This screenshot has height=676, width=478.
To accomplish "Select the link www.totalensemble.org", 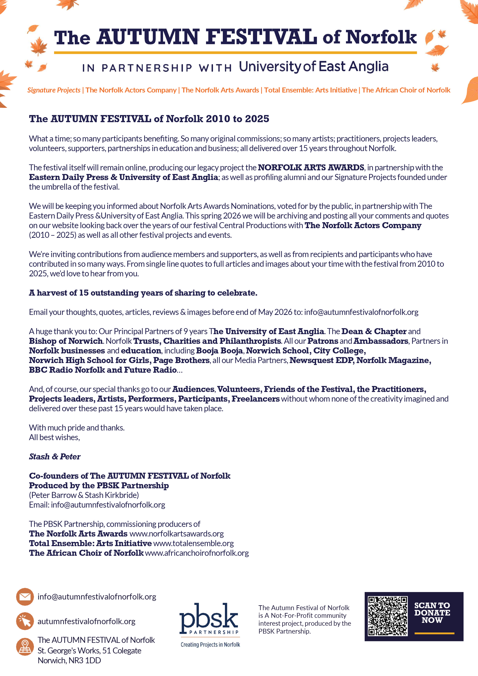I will (194, 543).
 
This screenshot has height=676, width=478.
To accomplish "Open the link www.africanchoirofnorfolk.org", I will (197, 553).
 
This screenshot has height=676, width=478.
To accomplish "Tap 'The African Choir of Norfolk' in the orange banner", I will (406, 90).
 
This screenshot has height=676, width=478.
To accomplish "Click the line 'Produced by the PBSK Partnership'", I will (99, 485).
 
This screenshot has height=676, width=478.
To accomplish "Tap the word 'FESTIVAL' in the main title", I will (261, 37).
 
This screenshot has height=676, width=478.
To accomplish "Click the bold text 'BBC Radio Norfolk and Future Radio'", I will (103, 370).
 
